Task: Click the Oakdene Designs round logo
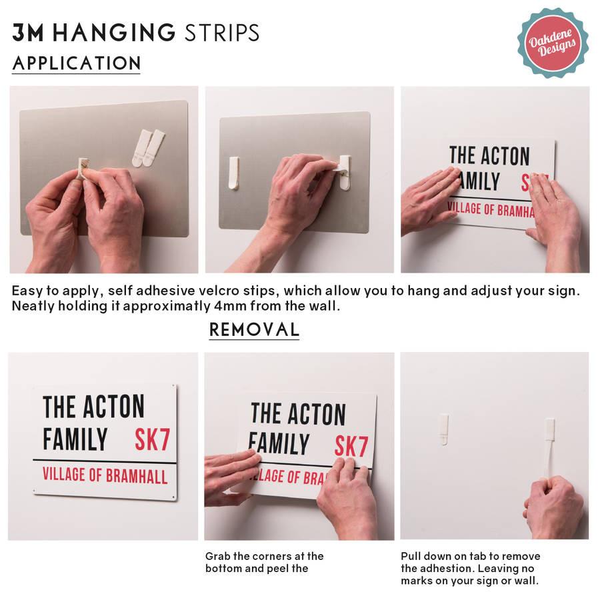pos(553,43)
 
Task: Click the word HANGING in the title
pos(113,32)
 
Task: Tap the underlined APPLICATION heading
pos(77,63)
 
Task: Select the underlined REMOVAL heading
pos(254,329)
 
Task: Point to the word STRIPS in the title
pos(222,33)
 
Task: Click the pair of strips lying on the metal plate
pos(148,148)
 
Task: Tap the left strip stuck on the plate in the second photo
pos(233,173)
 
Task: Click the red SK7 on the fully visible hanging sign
pos(152,440)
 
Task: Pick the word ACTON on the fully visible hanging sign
pos(113,407)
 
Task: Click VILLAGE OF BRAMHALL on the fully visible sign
pos(105,475)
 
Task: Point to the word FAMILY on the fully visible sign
pos(75,439)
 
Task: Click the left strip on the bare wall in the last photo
pos(443,429)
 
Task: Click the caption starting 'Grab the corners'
pos(264,562)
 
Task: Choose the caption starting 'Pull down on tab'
pos(470,568)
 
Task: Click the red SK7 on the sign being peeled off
pos(351,446)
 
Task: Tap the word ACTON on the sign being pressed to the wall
pos(505,155)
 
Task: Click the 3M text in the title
pos(27,32)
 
